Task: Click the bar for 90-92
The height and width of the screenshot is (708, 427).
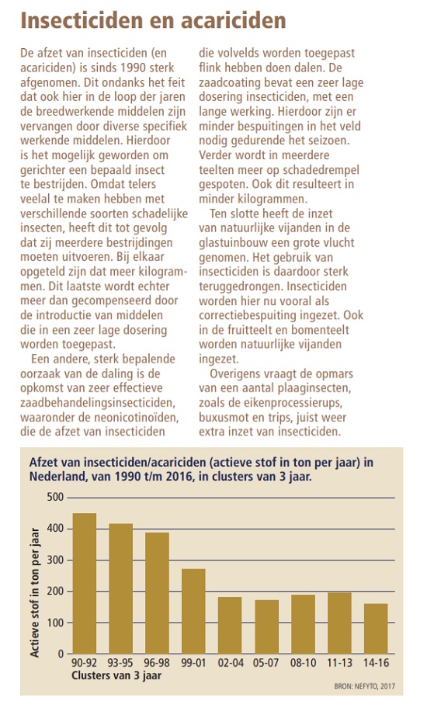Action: (x=85, y=583)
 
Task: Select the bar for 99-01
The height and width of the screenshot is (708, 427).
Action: (x=193, y=612)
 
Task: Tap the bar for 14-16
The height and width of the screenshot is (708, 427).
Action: (x=376, y=629)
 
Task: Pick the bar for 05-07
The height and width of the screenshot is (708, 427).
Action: (x=267, y=627)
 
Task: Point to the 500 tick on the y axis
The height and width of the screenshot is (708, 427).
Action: (x=55, y=497)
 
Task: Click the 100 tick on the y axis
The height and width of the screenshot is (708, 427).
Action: (x=55, y=623)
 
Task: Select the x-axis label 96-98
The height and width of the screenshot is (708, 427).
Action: (x=157, y=663)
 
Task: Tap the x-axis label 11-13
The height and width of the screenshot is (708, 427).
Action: (x=339, y=663)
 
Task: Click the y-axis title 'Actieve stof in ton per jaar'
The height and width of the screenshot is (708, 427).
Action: (x=35, y=592)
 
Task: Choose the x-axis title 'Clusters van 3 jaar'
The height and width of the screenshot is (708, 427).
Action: (x=116, y=676)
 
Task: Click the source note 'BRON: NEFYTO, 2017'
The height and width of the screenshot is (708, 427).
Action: (x=364, y=686)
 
